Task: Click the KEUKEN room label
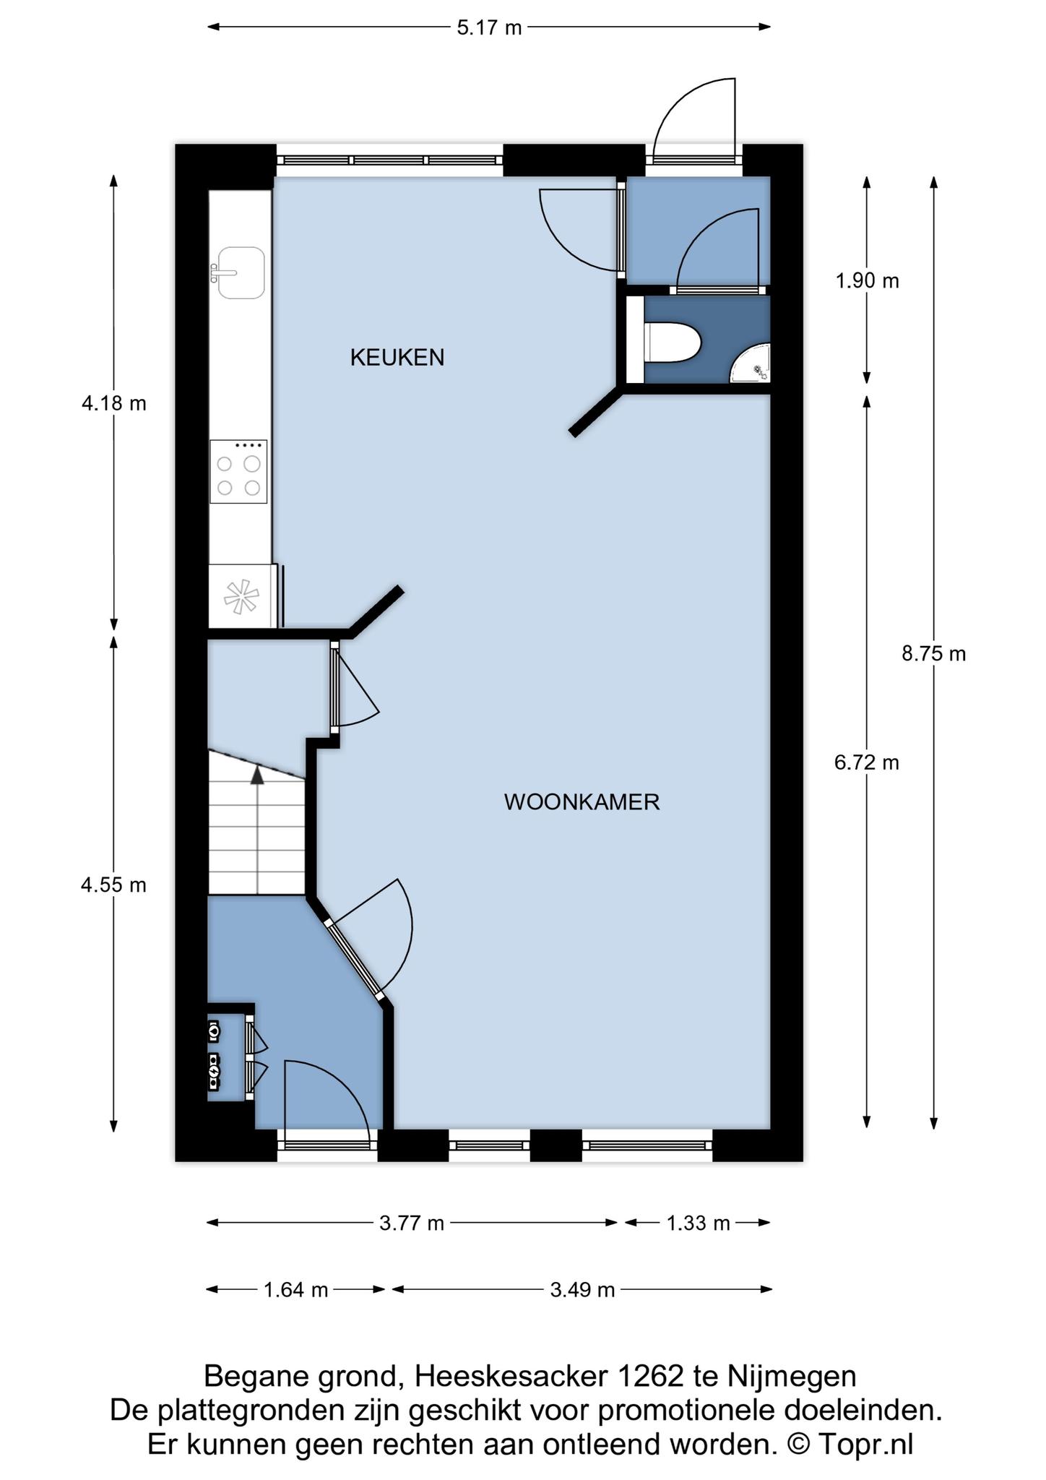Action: point(397,357)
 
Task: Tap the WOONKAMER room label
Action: point(582,802)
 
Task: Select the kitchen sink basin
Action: point(240,272)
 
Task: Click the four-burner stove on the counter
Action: point(238,471)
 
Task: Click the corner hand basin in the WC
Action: point(753,366)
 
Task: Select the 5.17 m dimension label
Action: point(489,27)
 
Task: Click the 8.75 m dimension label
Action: point(933,654)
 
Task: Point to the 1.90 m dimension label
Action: point(867,281)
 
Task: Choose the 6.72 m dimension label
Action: point(867,762)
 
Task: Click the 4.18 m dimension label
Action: point(114,403)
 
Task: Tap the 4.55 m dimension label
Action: point(114,885)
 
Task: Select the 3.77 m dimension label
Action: point(412,1223)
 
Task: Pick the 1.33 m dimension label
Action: point(698,1223)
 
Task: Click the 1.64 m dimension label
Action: point(296,1290)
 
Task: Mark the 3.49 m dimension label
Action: point(582,1290)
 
